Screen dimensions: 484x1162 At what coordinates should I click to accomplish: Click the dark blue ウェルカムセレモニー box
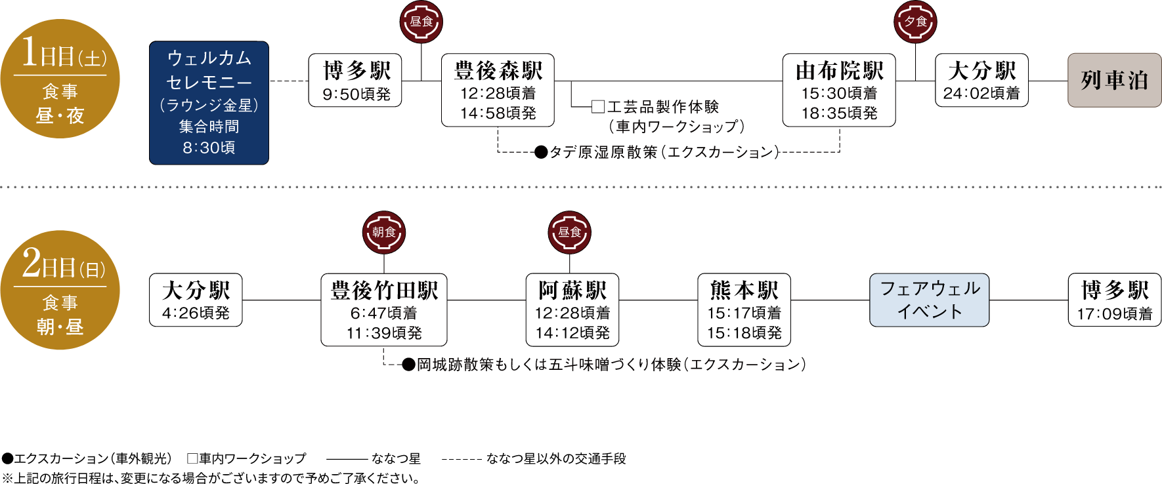pos(209,102)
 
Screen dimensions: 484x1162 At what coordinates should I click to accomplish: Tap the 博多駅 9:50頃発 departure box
pos(355,80)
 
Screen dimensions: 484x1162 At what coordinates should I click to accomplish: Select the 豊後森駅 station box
pos(498,90)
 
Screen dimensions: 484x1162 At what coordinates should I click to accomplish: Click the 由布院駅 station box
pos(839,90)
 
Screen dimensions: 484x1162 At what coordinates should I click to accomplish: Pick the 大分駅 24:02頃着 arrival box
pos(981,80)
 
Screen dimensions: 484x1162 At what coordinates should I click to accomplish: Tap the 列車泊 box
pos(1114,80)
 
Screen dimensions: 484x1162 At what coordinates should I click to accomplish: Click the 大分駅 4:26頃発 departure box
pos(196,300)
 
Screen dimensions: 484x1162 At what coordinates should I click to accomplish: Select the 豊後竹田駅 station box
pos(384,310)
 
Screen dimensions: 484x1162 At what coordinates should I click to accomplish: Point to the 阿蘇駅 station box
pos(572,310)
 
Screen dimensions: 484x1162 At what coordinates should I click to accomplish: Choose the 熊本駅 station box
pos(744,310)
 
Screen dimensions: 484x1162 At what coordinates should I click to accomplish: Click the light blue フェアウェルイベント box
pos(929,300)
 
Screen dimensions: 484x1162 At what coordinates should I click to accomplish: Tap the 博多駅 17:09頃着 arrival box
pos(1114,300)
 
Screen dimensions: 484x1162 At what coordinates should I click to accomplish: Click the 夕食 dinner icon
pos(915,22)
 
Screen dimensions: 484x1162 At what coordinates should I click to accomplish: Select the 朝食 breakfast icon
pos(384,233)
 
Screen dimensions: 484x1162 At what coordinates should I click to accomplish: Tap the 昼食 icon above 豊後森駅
pos(421,22)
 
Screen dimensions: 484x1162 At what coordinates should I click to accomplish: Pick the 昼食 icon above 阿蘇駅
pos(569,233)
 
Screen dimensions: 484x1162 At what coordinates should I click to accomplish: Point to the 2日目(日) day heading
pos(64,265)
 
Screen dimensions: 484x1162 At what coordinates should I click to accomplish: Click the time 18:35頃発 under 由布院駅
pos(839,113)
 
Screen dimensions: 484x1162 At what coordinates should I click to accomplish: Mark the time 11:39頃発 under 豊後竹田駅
pos(384,333)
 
